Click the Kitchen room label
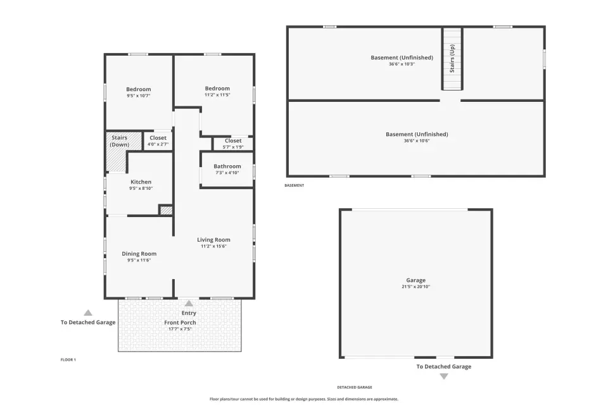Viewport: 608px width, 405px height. click(141, 182)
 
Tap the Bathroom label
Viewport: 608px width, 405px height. click(227, 166)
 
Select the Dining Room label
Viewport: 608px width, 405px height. click(139, 254)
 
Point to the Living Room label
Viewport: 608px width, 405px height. click(213, 240)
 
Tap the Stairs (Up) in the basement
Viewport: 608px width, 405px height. click(452, 59)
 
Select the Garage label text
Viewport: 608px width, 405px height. click(416, 280)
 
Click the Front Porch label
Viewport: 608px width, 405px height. click(180, 323)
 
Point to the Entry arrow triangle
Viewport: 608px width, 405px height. click(189, 303)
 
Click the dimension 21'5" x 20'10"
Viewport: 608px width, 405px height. click(416, 287)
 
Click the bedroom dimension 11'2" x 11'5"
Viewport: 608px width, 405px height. click(217, 94)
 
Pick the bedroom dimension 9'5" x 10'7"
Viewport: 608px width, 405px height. click(139, 96)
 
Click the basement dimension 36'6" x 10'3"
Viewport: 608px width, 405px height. click(402, 64)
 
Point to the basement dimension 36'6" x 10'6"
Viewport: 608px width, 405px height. click(417, 140)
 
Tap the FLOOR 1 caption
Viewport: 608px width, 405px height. click(68, 359)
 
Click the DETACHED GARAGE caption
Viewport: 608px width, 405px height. click(355, 387)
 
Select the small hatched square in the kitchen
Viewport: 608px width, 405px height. click(166, 210)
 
